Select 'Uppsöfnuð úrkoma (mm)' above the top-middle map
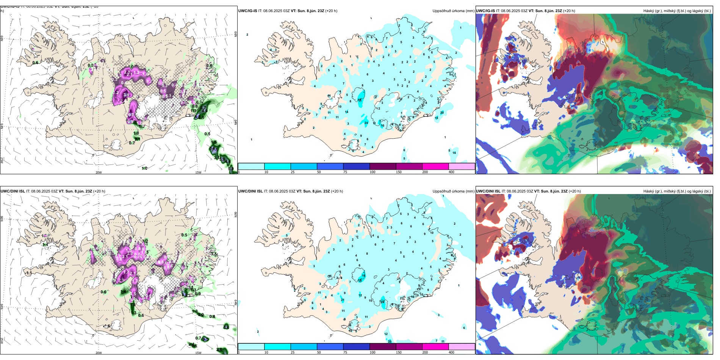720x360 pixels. (453, 11)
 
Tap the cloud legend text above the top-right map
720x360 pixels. (677, 11)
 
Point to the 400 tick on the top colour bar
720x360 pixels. (451, 172)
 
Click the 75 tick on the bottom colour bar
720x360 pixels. (345, 352)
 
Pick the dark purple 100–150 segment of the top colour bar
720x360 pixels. (383, 166)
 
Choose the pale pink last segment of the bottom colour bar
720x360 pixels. (462, 347)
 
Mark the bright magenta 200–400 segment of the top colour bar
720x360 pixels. (435, 166)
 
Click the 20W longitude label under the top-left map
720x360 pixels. (99, 172)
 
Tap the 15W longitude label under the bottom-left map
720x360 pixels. (198, 353)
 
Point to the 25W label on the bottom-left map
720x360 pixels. (2, 341)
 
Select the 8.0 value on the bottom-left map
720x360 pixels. (184, 294)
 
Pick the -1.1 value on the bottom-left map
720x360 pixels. (28, 273)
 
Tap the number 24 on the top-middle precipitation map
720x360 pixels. (366, 123)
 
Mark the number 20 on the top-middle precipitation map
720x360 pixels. (442, 113)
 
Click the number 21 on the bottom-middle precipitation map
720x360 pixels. (343, 300)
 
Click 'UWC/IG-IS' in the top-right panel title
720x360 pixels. (485, 11)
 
